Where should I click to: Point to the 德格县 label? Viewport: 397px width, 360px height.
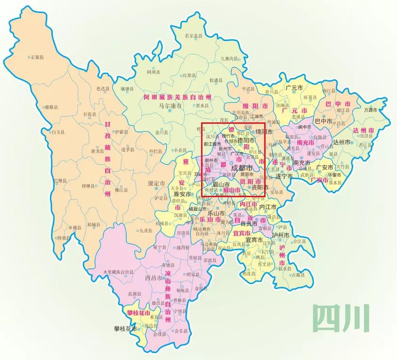tap(52, 107)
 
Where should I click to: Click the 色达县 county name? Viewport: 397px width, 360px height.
tap(103, 88)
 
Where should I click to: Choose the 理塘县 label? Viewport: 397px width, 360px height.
tap(89, 186)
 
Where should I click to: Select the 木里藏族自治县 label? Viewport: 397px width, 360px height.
tap(118, 272)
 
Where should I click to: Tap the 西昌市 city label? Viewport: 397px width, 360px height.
tap(154, 278)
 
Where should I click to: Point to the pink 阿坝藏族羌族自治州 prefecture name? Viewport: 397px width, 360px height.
tap(178, 97)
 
